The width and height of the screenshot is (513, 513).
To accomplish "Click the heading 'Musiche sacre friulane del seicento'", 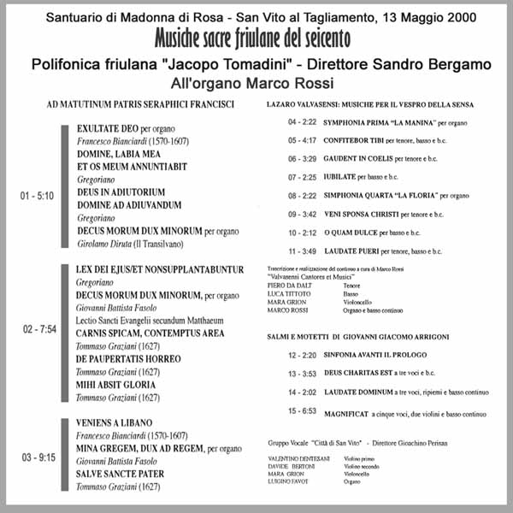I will [x=253, y=38].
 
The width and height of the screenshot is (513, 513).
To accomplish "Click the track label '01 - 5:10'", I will [x=37, y=196].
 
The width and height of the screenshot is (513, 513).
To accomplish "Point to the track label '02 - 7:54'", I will [x=37, y=328].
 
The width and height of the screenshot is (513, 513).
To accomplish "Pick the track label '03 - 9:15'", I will [x=37, y=459].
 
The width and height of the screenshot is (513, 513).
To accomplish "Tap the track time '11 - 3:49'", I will [x=303, y=251].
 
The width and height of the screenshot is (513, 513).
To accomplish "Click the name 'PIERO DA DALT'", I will [x=288, y=286].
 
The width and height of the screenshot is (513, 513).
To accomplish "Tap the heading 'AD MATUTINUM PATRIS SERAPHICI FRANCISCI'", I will [x=141, y=104].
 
